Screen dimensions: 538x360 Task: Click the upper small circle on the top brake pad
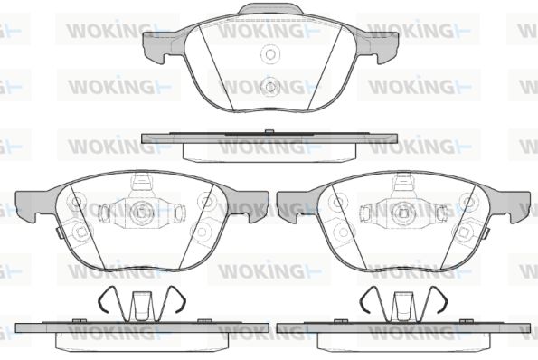pos(270,54)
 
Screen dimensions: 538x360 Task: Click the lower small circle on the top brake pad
pos(270,87)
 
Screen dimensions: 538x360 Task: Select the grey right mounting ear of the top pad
pos(383,47)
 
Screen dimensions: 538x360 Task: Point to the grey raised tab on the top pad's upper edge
pos(270,9)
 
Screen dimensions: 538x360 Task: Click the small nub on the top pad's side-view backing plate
pos(269,131)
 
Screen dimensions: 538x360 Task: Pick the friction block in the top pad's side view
pos(269,152)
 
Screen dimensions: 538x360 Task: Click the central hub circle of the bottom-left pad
pos(141,213)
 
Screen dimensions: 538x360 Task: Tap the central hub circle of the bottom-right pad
pos(403,213)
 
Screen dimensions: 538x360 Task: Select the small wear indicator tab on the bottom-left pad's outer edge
pos(59,233)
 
